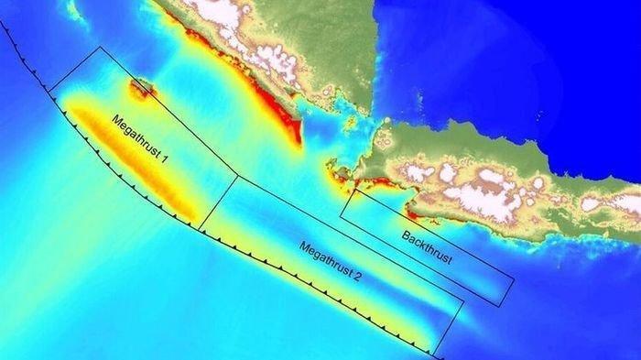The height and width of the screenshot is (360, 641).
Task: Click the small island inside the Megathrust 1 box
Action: tap(140, 87)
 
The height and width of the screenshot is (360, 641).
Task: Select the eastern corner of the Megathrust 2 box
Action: tap(464, 301)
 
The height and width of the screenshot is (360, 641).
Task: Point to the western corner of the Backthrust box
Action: tap(341, 215)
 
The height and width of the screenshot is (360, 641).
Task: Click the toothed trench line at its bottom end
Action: tap(439, 355)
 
